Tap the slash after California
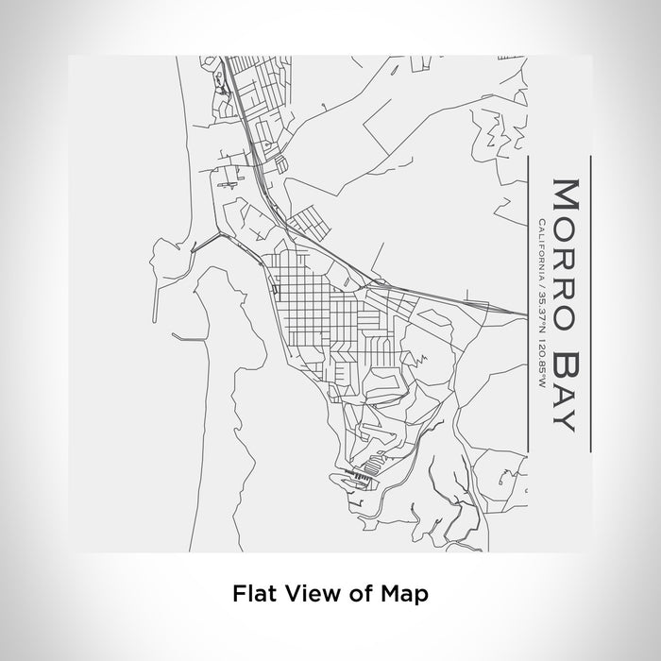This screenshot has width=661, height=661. tap(539, 280)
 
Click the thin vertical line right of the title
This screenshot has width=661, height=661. tap(591, 302)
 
